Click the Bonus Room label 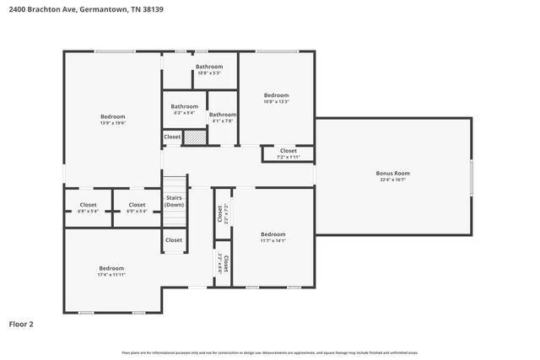click(x=392, y=173)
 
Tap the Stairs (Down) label click(x=174, y=201)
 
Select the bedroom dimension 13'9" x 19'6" click(x=113, y=122)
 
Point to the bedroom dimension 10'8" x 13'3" click(x=276, y=102)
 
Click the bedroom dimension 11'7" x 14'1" click(x=273, y=241)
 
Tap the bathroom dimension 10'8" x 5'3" click(x=209, y=73)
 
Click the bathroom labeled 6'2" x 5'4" click(x=184, y=113)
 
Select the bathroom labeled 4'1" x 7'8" click(x=223, y=121)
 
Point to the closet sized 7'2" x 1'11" click(x=288, y=157)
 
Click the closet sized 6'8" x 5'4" click(x=89, y=211)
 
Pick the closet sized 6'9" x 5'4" click(x=137, y=211)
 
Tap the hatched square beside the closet click(x=195, y=137)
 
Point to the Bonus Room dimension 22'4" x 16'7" click(x=392, y=180)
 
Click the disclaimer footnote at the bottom click(x=269, y=352)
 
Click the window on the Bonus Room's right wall click(x=471, y=177)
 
